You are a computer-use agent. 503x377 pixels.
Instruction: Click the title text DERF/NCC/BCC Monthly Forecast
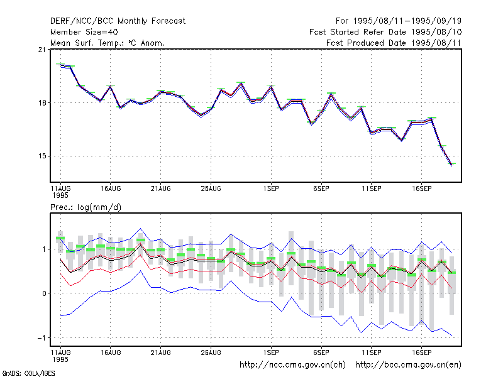click(x=118, y=21)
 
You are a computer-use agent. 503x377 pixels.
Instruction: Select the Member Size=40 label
click(x=84, y=32)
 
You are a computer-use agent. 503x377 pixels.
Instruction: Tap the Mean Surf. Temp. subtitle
click(x=108, y=43)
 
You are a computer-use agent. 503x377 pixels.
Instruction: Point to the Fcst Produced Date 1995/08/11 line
click(x=394, y=43)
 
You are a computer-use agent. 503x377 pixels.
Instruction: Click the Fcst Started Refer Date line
click(x=385, y=32)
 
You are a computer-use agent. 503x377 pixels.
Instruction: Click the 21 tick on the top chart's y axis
click(x=42, y=50)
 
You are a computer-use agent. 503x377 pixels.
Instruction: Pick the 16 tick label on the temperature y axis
click(x=42, y=103)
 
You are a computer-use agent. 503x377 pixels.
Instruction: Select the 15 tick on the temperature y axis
click(x=42, y=156)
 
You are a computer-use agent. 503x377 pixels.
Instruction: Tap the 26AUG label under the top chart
click(x=211, y=188)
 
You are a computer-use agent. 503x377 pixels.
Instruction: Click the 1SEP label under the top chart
click(x=271, y=188)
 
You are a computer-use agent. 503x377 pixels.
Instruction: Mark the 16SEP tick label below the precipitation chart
click(x=421, y=352)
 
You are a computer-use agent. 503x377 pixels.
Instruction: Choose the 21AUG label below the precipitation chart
click(x=161, y=352)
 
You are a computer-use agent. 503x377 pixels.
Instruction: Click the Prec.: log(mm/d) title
click(x=86, y=207)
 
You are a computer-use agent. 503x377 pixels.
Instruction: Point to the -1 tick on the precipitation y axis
click(x=41, y=338)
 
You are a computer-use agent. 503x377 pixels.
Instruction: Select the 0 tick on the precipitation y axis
click(x=44, y=293)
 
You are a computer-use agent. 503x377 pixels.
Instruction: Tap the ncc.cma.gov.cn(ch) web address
click(x=292, y=365)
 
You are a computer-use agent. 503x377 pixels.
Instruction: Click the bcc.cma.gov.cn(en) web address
click(x=408, y=365)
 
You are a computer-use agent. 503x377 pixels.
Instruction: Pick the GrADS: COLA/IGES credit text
click(x=28, y=373)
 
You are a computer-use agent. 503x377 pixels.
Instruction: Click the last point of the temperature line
click(x=451, y=165)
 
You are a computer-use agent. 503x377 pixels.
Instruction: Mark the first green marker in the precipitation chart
click(x=60, y=238)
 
